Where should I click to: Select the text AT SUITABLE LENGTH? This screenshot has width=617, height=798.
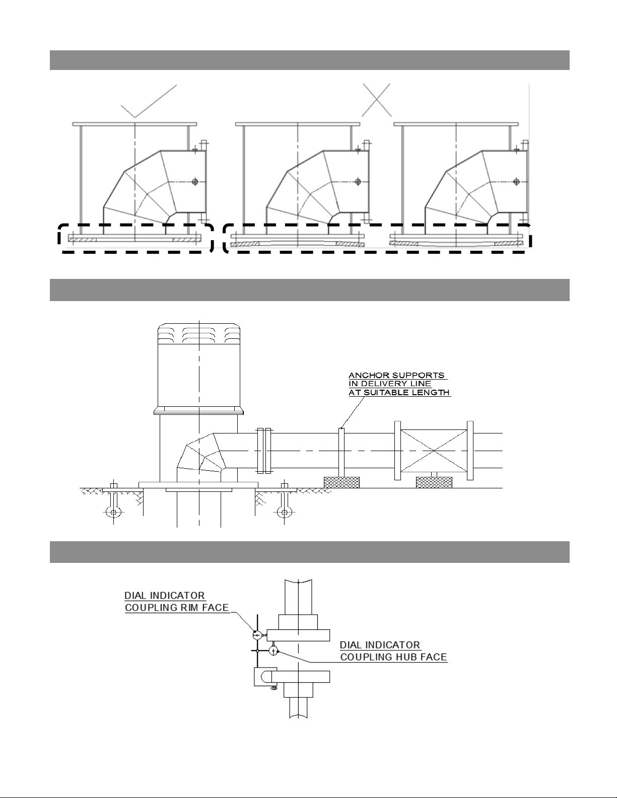point(399,392)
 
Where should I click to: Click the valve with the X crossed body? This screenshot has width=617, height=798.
point(434,450)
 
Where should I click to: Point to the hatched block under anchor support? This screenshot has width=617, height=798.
point(341,482)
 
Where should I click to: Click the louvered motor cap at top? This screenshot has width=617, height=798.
point(200,334)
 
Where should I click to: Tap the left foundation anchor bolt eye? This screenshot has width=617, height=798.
point(114,513)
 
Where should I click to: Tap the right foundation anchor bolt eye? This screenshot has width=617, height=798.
point(284,513)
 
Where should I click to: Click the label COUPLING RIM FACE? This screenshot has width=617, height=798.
point(177,608)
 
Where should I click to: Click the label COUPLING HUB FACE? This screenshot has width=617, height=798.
point(393,657)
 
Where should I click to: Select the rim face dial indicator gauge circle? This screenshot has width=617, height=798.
point(256,635)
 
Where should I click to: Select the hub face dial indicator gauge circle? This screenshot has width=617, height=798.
point(273,651)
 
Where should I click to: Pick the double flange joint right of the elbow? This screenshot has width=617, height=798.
point(264,451)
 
